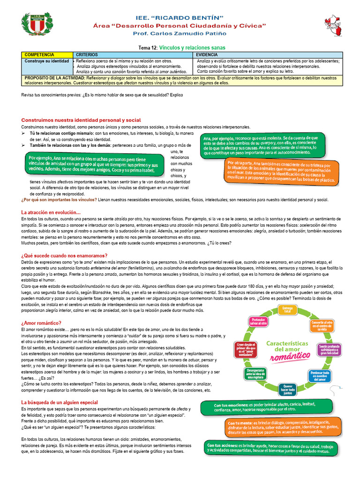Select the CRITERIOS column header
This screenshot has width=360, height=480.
(87, 55)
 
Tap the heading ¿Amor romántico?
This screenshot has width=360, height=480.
(41, 323)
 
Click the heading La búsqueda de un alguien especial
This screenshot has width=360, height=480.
(60, 402)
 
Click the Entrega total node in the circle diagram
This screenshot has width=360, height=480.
(285, 310)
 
